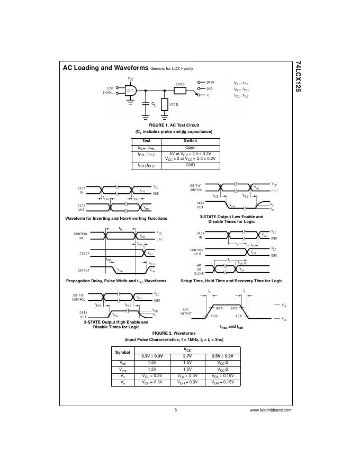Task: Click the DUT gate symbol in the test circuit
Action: point(131,91)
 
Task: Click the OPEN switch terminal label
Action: point(210,83)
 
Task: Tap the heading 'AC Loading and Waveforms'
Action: point(105,68)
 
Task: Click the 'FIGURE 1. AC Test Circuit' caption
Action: point(174,125)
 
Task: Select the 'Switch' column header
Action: point(190,140)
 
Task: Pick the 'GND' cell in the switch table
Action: point(190,165)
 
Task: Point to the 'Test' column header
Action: point(147,140)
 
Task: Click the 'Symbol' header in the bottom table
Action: point(122,352)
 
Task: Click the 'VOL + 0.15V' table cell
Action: point(222,375)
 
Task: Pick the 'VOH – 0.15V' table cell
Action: point(222,382)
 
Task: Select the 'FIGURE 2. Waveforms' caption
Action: point(174,333)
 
